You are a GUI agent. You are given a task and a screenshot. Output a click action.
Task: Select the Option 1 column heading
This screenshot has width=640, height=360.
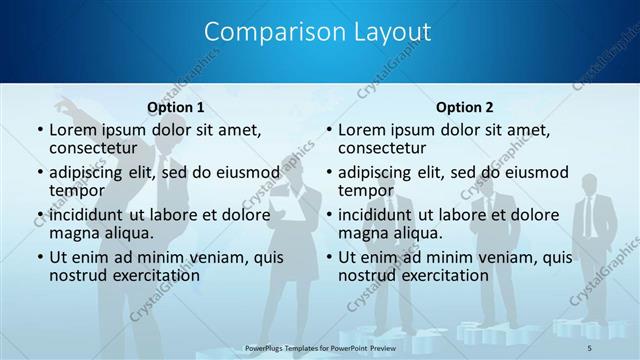(x=176, y=107)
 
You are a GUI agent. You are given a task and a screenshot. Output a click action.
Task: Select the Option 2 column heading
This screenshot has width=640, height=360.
(x=465, y=107)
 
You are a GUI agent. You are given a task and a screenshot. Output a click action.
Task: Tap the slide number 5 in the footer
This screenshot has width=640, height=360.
(x=589, y=347)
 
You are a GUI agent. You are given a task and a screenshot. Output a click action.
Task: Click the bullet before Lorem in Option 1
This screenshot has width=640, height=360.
(x=39, y=130)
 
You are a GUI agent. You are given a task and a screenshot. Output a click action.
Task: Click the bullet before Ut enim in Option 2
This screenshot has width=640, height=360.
(x=328, y=257)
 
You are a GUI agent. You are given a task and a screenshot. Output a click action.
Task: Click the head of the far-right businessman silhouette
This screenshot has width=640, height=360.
(x=590, y=180)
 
